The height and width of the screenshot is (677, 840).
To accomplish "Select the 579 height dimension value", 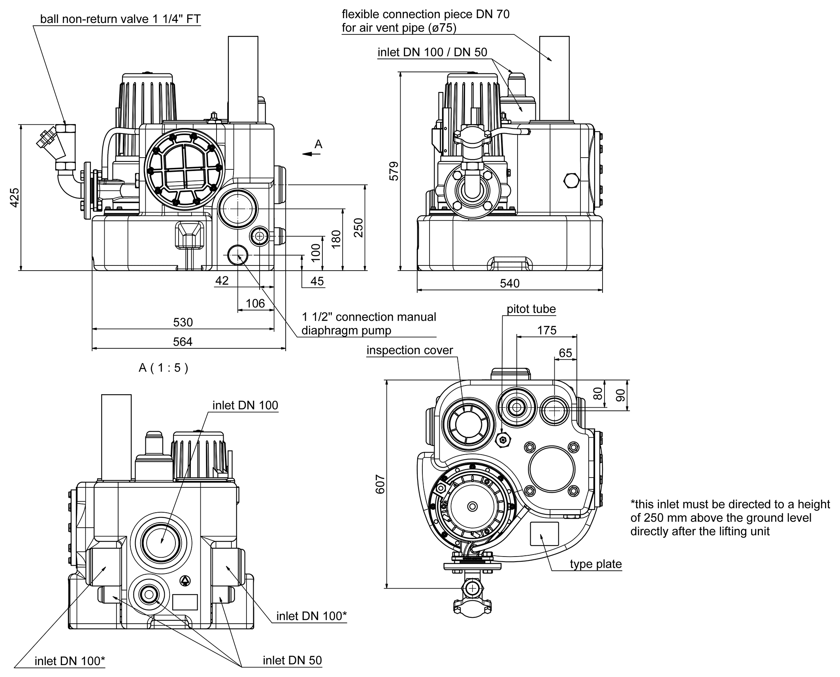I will coord(394,171).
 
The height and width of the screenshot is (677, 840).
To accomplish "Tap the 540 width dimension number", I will coord(510,283).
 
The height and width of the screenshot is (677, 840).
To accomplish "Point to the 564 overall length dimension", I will coord(183,342).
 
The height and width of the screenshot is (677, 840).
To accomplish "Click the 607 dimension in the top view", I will coord(380,484).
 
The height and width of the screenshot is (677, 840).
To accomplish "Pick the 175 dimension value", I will coord(547,330).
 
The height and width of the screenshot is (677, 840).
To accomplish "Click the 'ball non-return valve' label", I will coord(121,19).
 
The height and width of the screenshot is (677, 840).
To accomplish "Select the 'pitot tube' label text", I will coord(531,309).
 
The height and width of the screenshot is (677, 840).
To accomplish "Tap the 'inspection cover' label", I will coord(410,350).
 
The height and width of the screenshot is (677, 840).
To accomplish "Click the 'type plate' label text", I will coord(595,564).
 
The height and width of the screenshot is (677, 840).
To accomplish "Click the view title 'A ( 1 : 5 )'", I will coord(164,368).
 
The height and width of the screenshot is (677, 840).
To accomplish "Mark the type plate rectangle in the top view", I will coord(544,534).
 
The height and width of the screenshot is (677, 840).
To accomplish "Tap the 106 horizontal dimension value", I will coord(255,303).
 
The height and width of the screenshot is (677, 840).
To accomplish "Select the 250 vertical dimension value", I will coord(358,228).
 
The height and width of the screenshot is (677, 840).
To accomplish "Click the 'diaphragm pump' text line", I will coord(346,330).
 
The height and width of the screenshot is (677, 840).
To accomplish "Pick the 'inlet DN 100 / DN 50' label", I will coord(432,53).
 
